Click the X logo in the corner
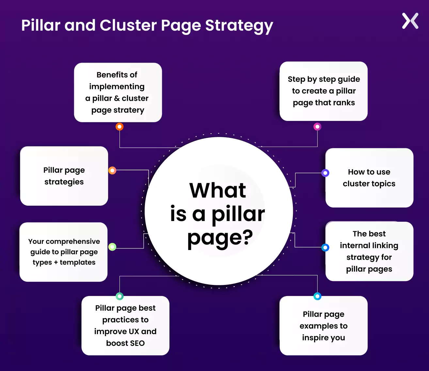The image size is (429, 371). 410,21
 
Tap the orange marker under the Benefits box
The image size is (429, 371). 119,126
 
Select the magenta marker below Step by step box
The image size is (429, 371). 317,126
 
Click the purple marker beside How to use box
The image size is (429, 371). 325,173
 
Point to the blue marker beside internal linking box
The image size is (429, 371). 325,247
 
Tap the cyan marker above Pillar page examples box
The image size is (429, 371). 317,296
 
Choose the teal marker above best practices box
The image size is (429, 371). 119,296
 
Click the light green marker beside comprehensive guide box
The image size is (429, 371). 112,247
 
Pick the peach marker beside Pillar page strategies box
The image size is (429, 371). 112,170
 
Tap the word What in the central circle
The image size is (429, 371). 217,190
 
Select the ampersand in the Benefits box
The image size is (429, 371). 117,98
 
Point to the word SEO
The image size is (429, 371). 137,343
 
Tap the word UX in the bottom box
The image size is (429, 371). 134,332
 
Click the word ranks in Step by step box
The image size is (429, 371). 344,103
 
